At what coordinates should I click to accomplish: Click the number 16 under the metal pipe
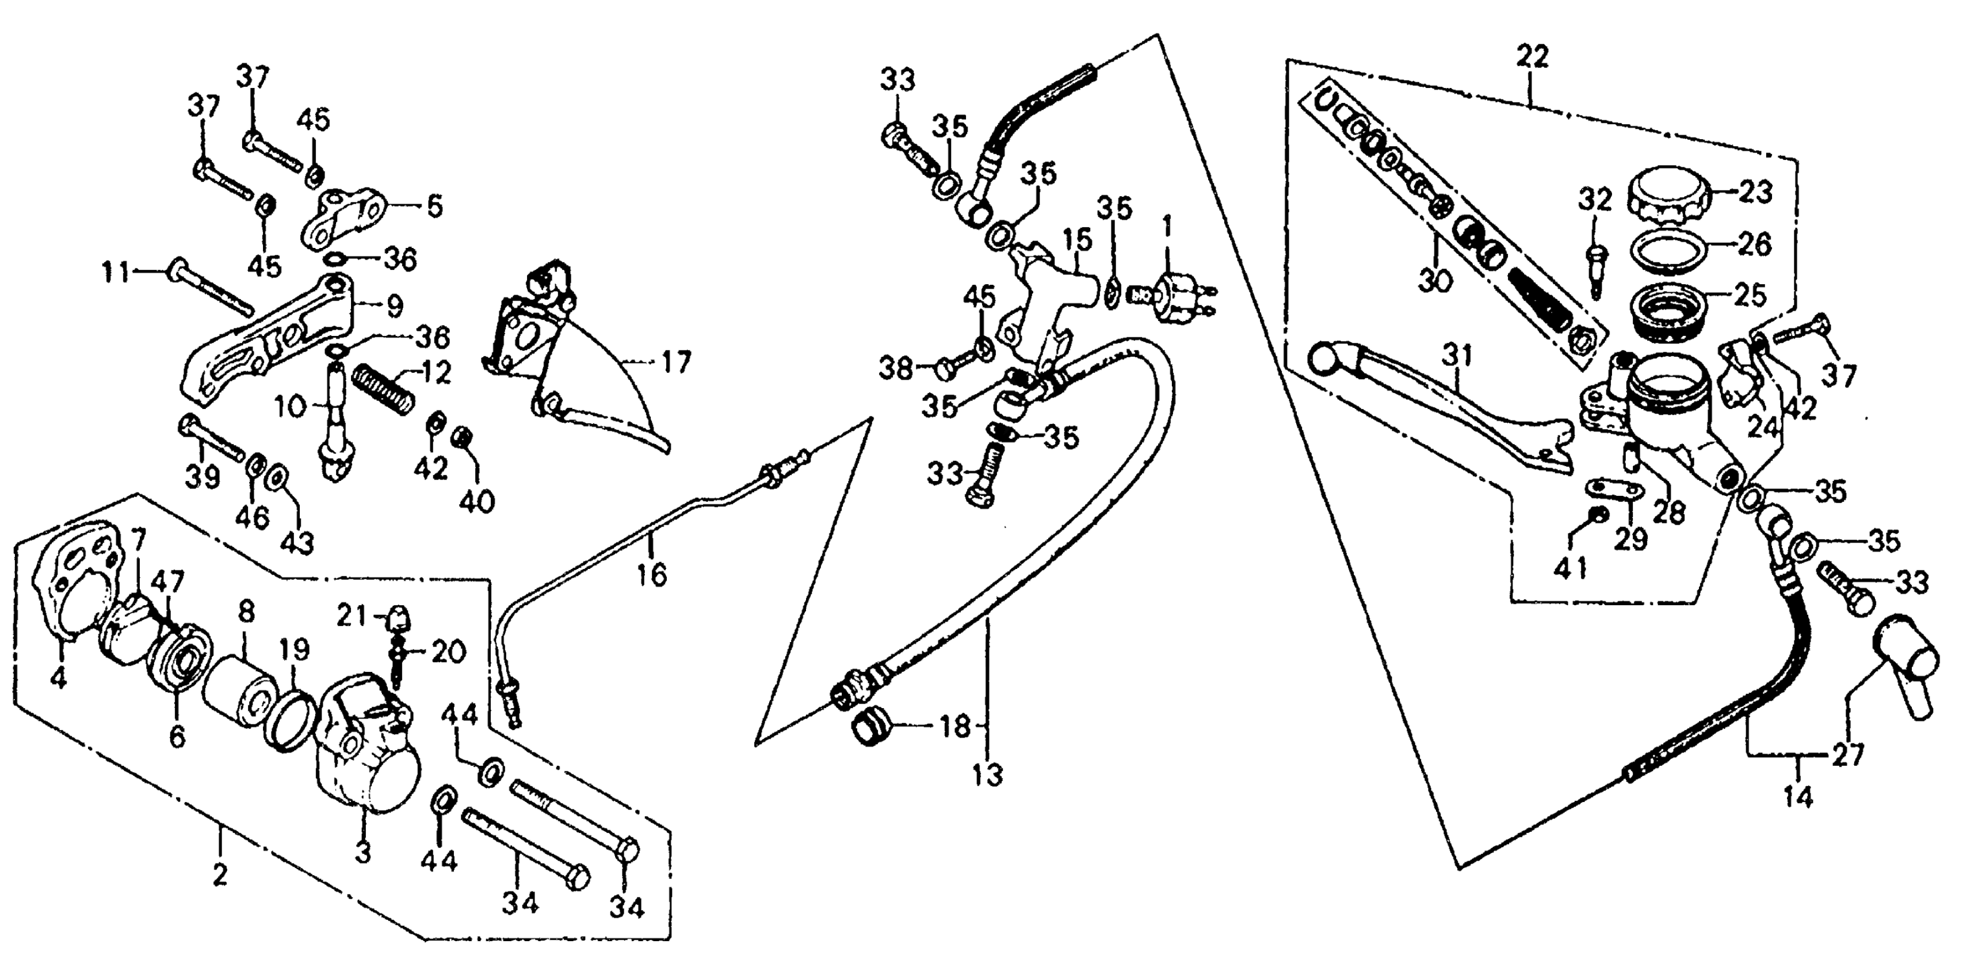coord(652,574)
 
